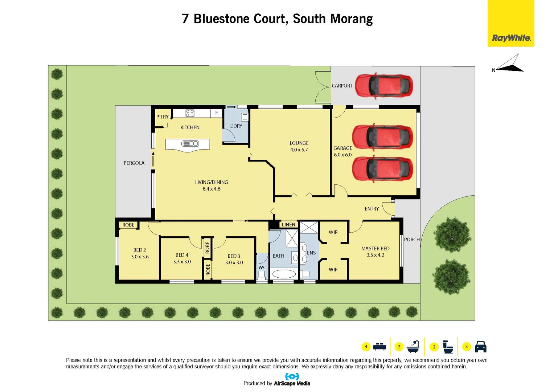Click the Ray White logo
511,38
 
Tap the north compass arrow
510,65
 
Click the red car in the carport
383,86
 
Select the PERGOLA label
134,163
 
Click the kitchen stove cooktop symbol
190,113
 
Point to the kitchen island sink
190,144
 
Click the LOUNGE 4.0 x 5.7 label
299,146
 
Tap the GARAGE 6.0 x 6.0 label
342,151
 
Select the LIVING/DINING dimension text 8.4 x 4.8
212,189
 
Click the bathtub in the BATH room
284,274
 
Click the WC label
262,268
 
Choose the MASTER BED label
375,249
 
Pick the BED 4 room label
182,255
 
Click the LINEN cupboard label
288,225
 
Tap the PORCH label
411,240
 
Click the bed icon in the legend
379,347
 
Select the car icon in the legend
480,347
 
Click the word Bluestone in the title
221,19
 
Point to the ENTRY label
372,209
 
